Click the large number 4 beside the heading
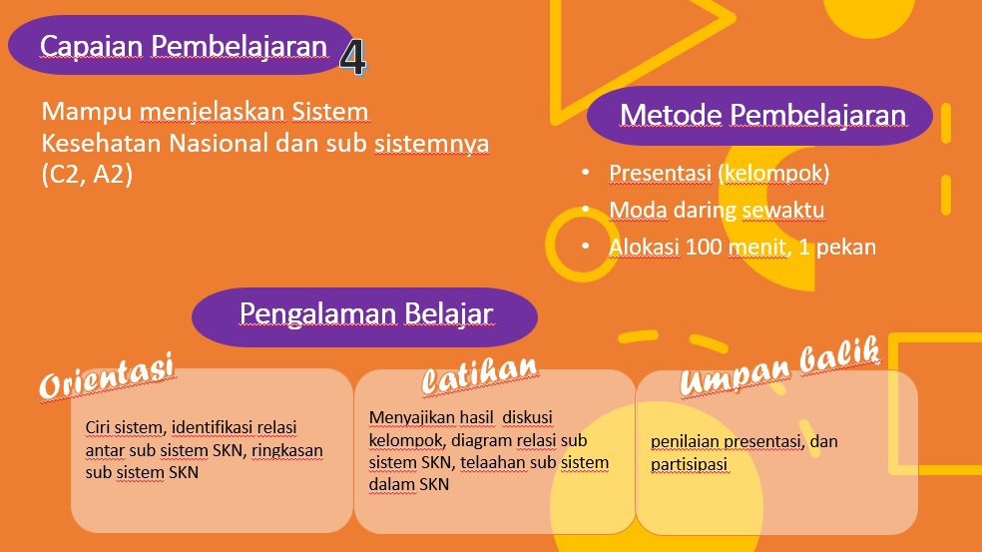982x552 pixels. [353, 58]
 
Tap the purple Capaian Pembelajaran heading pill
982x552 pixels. [181, 45]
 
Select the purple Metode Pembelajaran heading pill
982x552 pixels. [759, 115]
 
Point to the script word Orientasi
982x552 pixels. [107, 376]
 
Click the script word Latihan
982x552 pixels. [480, 375]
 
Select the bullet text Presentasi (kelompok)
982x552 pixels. [719, 173]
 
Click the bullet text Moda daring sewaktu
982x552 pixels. [717, 210]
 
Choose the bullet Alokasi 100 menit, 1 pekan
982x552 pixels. [742, 247]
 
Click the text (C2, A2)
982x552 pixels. [87, 174]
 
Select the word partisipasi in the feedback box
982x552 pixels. [689, 465]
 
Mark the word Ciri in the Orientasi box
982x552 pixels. [98, 428]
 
